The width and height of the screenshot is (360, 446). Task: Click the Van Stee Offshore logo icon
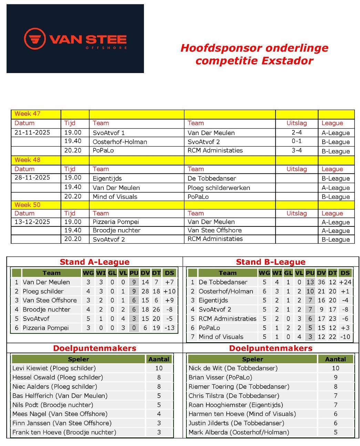point(35,39)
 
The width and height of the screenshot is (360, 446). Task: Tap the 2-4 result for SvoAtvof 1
point(296,133)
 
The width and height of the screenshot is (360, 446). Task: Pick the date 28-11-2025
point(32,178)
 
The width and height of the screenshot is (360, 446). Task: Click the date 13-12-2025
point(32,222)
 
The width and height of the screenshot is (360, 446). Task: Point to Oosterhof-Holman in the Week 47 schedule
point(120,142)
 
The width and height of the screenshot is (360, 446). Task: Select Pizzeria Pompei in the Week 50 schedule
point(116,222)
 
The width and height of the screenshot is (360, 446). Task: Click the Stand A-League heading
point(94,262)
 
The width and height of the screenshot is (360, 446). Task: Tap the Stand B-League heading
point(270,262)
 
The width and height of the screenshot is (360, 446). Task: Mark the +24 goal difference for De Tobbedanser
point(345,282)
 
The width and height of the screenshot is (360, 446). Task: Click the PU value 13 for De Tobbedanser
point(310,282)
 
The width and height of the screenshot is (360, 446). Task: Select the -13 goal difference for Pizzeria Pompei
point(169,328)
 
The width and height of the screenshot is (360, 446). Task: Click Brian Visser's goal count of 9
point(335,377)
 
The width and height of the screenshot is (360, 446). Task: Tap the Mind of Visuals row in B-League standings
point(221,337)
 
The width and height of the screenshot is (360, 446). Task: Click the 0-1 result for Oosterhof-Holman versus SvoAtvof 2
point(296,141)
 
